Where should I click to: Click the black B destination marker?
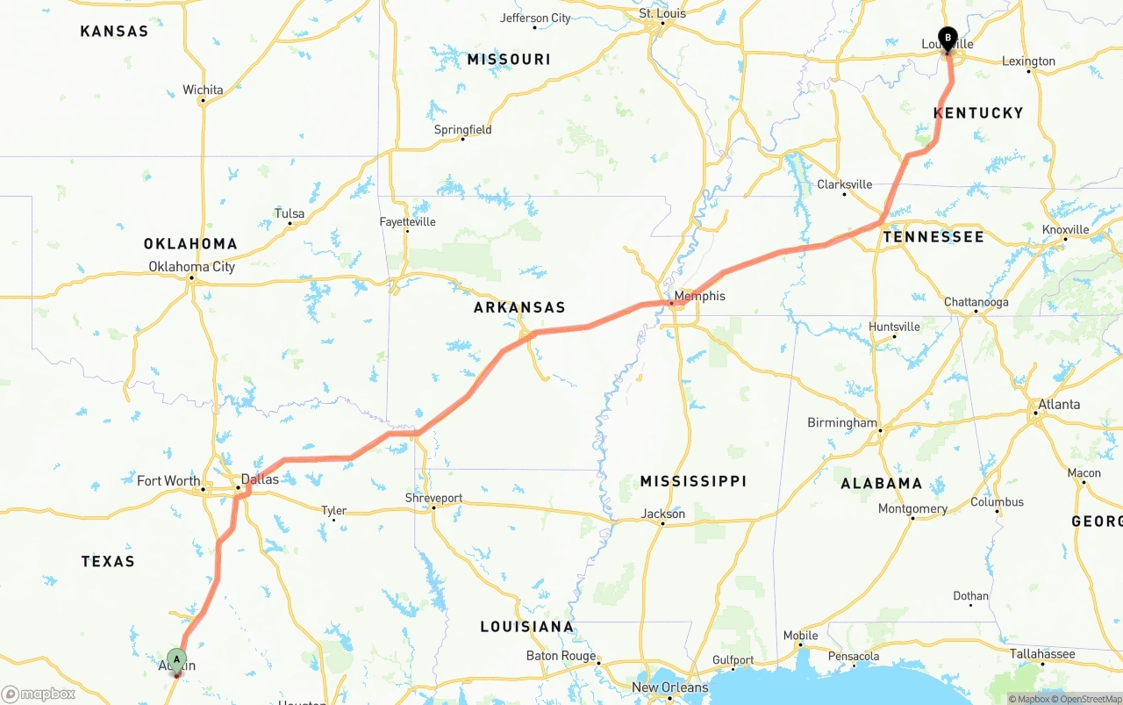coord(947,39)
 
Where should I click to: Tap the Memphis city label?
coord(699,296)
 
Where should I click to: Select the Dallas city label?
coord(260,479)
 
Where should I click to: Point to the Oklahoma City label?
coord(191,267)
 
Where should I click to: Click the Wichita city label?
coord(203,90)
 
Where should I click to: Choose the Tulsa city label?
coord(290,213)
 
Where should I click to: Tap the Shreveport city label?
coord(433,498)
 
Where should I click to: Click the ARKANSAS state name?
coord(519,307)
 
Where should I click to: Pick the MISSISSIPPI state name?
coord(693,481)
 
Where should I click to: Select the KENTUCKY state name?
coord(978,112)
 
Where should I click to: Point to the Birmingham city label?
coord(841,423)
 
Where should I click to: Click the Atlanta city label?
coord(1059,405)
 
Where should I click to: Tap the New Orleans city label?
coord(669,687)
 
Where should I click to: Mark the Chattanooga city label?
coord(976,302)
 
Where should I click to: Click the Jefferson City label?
coord(535,18)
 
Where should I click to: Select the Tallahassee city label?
coord(1041,654)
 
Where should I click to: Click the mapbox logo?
coord(39,694)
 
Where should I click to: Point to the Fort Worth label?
coord(168,480)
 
